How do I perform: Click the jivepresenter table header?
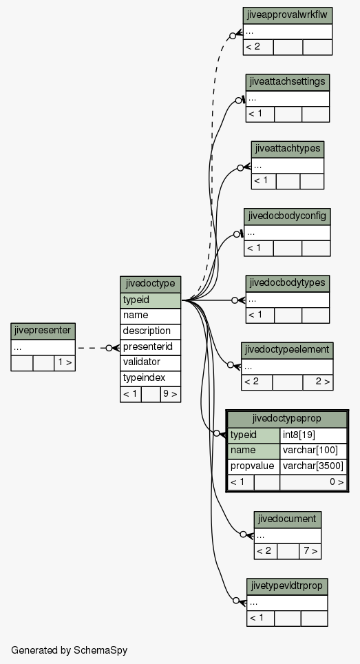pyautogui.click(x=43, y=331)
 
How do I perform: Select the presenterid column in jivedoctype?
pyautogui.click(x=150, y=347)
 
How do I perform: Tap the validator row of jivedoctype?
pyautogui.click(x=150, y=362)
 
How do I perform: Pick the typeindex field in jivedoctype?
pyautogui.click(x=150, y=378)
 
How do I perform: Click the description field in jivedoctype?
pyautogui.click(x=150, y=331)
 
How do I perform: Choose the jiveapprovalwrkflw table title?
pyautogui.click(x=287, y=16)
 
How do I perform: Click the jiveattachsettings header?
pyautogui.click(x=288, y=82)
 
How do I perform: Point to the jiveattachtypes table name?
pyautogui.click(x=288, y=149)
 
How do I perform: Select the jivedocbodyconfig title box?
pyautogui.click(x=287, y=216)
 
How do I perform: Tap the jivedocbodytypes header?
pyautogui.click(x=288, y=283)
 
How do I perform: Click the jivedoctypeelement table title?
pyautogui.click(x=287, y=350)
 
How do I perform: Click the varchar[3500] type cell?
pyautogui.click(x=313, y=466)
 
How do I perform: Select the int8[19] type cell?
pyautogui.click(x=313, y=435)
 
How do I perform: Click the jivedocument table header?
pyautogui.click(x=288, y=519)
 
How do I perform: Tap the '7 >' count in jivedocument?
pyautogui.click(x=310, y=551)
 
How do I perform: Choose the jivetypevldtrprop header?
pyautogui.click(x=287, y=586)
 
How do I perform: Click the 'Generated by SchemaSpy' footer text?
pyautogui.click(x=70, y=650)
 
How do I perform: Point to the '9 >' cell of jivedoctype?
pyautogui.click(x=171, y=394)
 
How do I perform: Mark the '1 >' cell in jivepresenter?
pyautogui.click(x=65, y=363)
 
